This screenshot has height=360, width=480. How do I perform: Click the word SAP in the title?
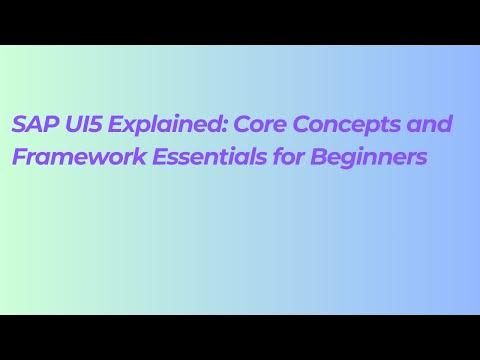(32, 124)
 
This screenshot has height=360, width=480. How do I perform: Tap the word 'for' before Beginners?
(285, 157)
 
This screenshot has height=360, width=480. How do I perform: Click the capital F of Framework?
(19, 157)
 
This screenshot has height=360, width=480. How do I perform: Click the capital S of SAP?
(19, 124)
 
